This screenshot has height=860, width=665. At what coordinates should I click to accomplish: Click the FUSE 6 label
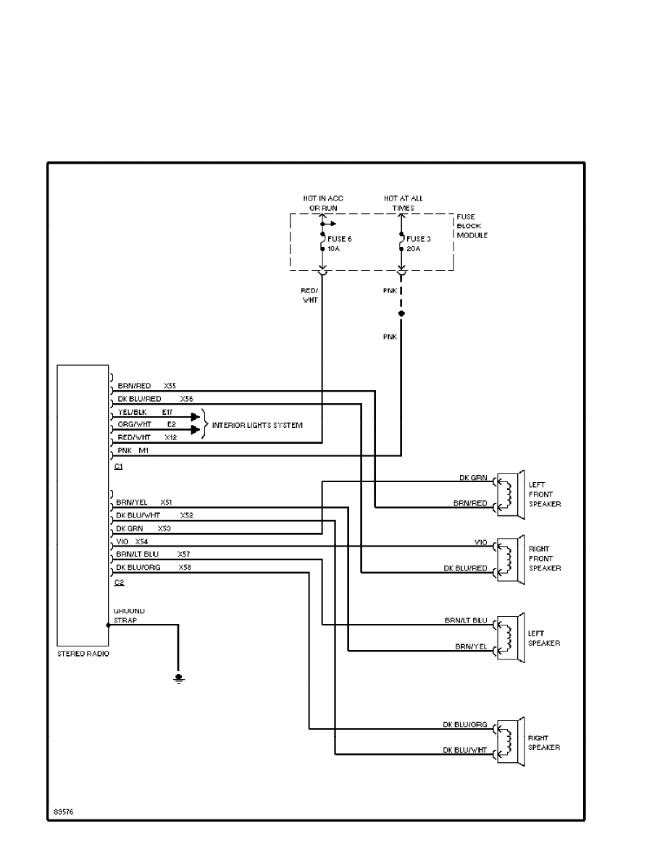pyautogui.click(x=340, y=238)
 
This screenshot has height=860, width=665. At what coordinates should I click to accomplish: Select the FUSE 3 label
pyautogui.click(x=418, y=238)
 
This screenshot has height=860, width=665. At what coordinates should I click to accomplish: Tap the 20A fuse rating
pyautogui.click(x=412, y=248)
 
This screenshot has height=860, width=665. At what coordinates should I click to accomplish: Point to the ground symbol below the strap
pyautogui.click(x=178, y=678)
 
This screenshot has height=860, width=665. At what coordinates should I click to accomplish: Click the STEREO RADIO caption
pyautogui.click(x=83, y=654)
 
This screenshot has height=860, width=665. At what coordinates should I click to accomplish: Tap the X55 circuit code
pyautogui.click(x=170, y=386)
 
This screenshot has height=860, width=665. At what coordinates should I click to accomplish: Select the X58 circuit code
pyautogui.click(x=185, y=568)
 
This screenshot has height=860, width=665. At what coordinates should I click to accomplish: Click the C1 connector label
pyautogui.click(x=118, y=467)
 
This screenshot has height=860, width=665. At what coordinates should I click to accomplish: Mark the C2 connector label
pyautogui.click(x=119, y=583)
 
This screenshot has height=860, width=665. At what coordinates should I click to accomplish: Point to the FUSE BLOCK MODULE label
pyautogui.click(x=472, y=226)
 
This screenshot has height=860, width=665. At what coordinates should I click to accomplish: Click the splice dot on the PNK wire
pyautogui.click(x=401, y=313)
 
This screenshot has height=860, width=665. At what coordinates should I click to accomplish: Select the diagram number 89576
pyautogui.click(x=63, y=811)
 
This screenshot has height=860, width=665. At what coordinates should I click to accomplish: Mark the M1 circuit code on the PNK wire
pyautogui.click(x=143, y=450)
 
